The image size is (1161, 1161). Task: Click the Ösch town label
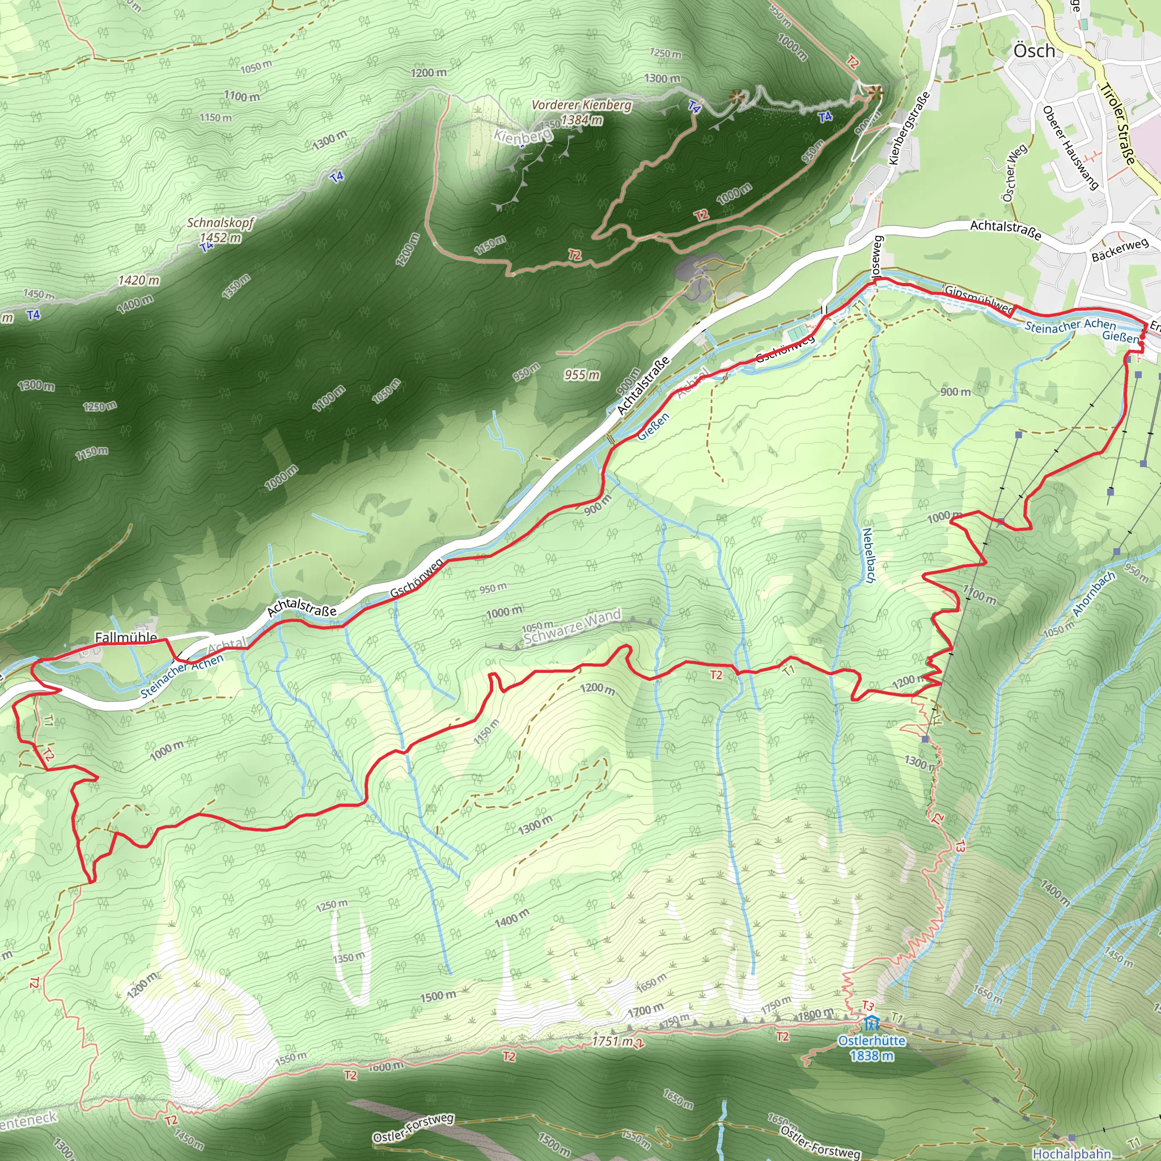click(x=1033, y=51)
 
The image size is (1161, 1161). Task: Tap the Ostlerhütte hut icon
click(x=871, y=1022)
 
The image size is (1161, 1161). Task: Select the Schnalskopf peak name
click(x=221, y=223)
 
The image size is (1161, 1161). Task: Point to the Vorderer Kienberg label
click(x=581, y=105)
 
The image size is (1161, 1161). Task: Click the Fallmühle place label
click(x=126, y=637)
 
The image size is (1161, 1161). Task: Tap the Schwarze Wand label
click(x=571, y=626)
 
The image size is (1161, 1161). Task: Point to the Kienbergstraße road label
click(x=909, y=128)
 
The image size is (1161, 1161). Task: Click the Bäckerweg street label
click(x=1120, y=249)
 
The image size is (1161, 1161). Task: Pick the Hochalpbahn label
click(x=1071, y=1153)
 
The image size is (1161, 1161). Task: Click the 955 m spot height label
click(x=582, y=375)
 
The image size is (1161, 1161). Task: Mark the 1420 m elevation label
click(x=139, y=280)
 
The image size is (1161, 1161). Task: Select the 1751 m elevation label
click(x=612, y=1041)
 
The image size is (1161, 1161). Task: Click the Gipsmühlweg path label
click(x=978, y=299)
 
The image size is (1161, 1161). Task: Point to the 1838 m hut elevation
click(x=871, y=1056)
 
